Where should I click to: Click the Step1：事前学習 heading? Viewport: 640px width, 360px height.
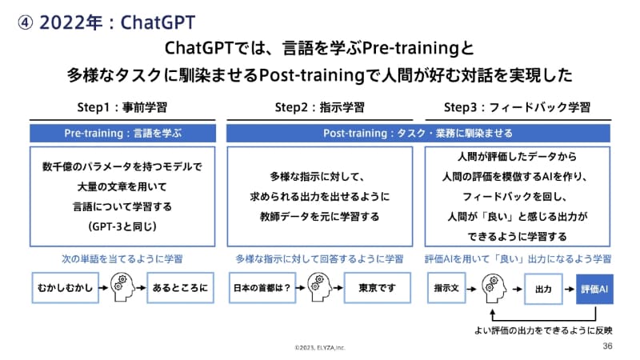pos(122,108)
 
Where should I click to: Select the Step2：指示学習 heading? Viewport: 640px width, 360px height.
pos(319,108)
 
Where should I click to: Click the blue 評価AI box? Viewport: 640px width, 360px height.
pos(594,287)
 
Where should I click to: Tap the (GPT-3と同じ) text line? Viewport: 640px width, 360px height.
pos(122,226)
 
